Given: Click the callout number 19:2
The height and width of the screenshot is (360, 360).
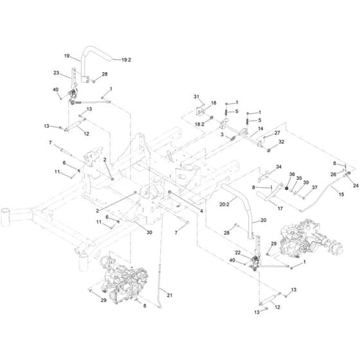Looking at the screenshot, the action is [126, 60].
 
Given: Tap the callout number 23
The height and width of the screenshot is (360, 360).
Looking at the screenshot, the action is [57, 73].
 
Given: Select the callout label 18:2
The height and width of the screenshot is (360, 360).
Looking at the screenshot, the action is [199, 124].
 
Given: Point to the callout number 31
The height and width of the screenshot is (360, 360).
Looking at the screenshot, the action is [196, 96].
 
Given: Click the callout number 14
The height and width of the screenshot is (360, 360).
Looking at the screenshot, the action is [260, 129].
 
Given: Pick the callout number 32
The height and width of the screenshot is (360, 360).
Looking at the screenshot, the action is [282, 142].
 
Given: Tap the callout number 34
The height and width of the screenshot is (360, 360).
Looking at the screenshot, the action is [278, 166].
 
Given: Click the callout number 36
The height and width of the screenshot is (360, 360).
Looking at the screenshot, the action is [292, 174].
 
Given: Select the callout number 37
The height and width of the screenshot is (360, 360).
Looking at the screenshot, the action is [314, 187].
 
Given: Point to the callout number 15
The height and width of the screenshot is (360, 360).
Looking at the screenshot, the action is [341, 194].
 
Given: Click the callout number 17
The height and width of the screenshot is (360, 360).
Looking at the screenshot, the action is [280, 208].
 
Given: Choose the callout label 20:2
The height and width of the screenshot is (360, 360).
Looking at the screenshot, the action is [224, 204].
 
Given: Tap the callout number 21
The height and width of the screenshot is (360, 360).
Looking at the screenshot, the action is [170, 295].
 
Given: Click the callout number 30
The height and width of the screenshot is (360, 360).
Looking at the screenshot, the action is [149, 232].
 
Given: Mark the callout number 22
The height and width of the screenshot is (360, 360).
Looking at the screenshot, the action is [238, 253].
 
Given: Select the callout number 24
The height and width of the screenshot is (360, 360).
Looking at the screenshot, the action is [355, 185].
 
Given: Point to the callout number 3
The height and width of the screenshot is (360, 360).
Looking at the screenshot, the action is [222, 134].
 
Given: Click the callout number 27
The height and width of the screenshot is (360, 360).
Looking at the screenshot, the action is [277, 132].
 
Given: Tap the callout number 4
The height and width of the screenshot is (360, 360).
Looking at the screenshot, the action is [201, 211].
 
